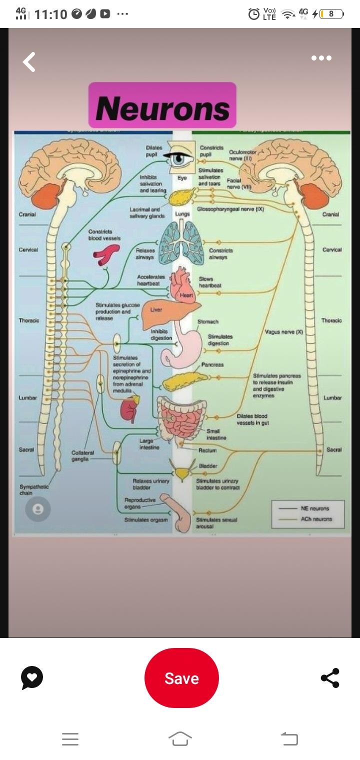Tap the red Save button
click(x=181, y=678)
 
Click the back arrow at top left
click(x=29, y=62)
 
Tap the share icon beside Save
click(x=330, y=678)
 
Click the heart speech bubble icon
click(x=32, y=678)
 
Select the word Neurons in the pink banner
click(x=162, y=108)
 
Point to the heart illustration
click(x=182, y=285)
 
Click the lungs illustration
click(x=181, y=242)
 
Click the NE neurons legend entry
click(x=315, y=508)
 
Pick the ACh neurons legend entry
click(x=316, y=519)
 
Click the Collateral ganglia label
click(x=79, y=455)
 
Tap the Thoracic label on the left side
click(x=29, y=320)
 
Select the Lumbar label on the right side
click(x=332, y=397)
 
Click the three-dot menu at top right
click(x=321, y=58)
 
